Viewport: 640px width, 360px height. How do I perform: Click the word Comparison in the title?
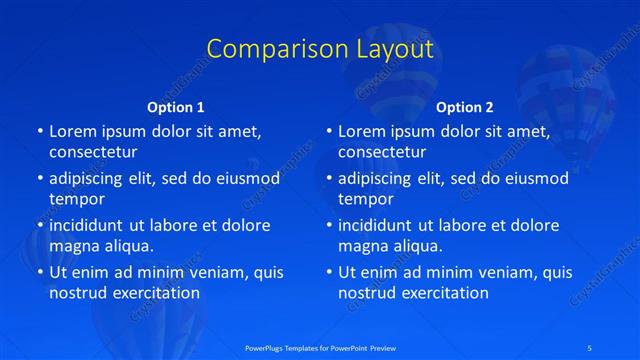270,49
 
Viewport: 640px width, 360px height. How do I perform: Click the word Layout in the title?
387,49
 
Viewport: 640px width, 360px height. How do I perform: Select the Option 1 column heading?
176,107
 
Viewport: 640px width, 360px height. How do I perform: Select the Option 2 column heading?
465,107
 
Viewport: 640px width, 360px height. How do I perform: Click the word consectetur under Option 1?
93,153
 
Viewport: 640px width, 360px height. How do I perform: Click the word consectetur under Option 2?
382,153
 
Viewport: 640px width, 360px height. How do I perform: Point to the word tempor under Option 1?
77,199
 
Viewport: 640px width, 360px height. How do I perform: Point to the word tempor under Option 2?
366,199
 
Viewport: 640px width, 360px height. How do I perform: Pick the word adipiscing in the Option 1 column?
93,179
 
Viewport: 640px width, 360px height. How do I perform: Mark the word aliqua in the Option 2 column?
419,246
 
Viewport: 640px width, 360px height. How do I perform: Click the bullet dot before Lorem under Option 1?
39,132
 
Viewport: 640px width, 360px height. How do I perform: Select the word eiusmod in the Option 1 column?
248,179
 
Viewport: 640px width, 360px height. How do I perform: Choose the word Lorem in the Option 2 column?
361,132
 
